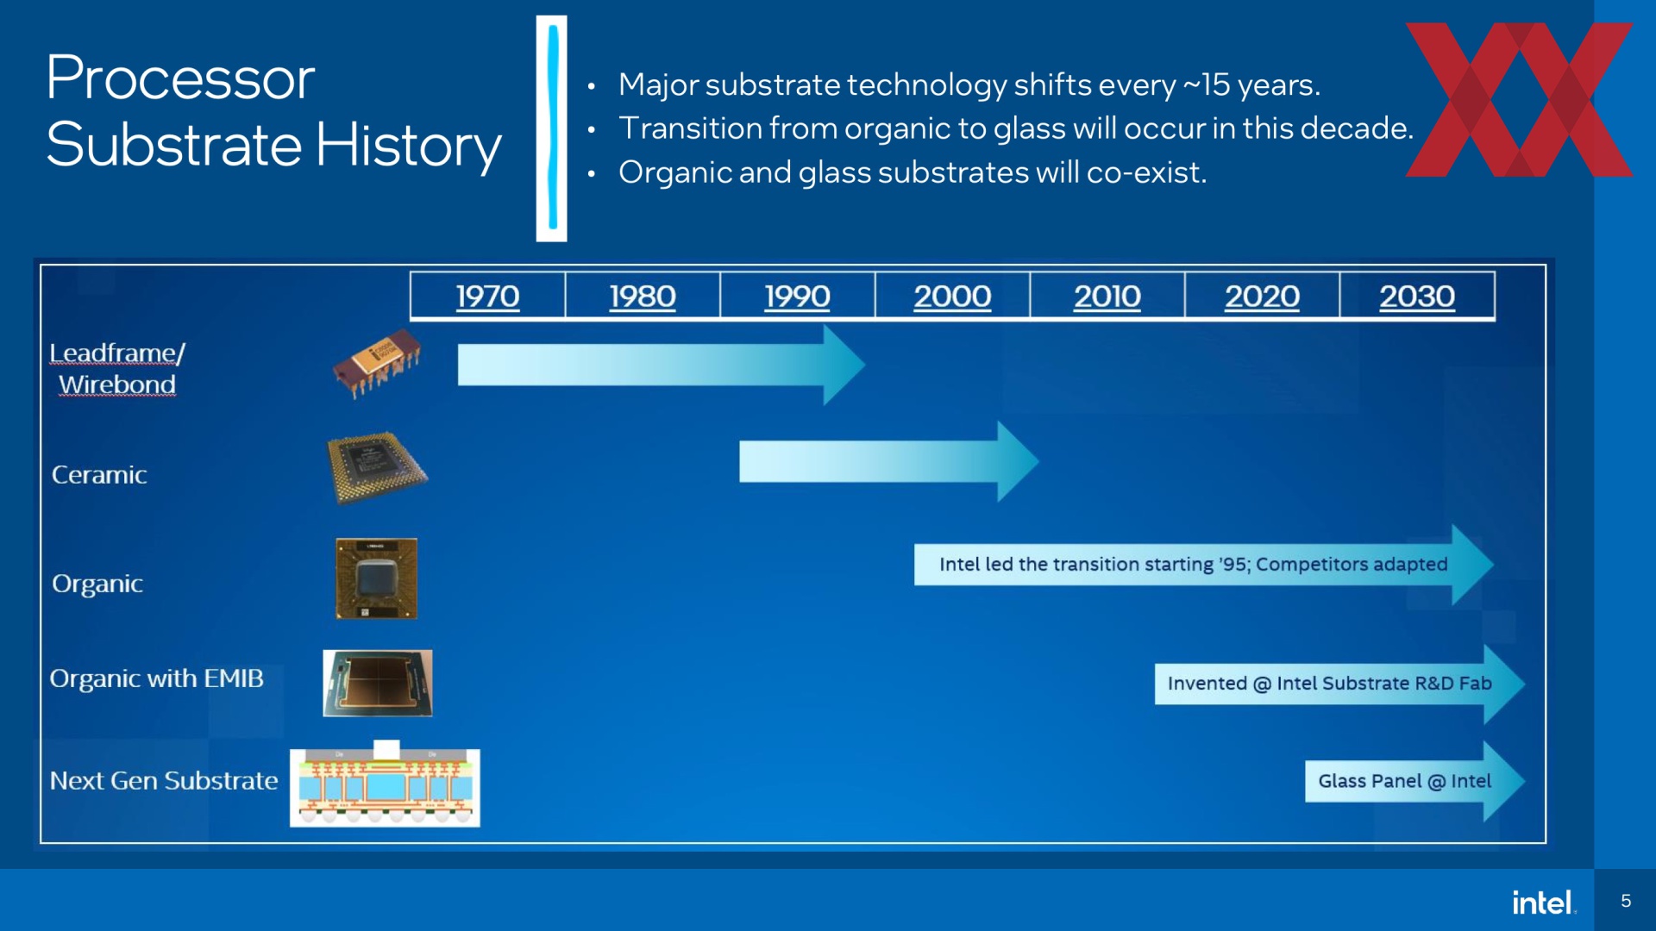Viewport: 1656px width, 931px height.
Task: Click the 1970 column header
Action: [x=487, y=296]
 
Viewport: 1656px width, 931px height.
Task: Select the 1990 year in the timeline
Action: [x=797, y=296]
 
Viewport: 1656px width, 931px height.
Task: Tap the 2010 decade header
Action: [x=1107, y=296]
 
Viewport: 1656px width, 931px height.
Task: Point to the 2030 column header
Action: [x=1417, y=296]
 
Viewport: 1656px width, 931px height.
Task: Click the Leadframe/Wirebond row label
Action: [x=117, y=368]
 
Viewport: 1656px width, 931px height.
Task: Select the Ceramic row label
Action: [x=99, y=475]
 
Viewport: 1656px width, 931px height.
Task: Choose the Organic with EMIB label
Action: [x=156, y=678]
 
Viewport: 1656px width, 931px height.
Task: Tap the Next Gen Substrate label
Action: [x=164, y=780]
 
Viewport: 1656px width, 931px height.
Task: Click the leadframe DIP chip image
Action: [x=377, y=363]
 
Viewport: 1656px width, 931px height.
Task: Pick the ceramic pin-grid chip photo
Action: [x=377, y=467]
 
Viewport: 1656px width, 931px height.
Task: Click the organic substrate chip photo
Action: [x=376, y=578]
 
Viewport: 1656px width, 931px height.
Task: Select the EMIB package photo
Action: [x=378, y=684]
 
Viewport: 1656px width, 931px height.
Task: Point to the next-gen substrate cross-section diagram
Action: [x=385, y=784]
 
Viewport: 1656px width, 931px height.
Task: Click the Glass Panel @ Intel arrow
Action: [x=1414, y=781]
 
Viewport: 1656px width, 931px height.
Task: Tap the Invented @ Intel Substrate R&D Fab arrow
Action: [x=1339, y=684]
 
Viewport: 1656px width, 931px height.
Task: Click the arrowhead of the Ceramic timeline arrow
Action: [x=1018, y=461]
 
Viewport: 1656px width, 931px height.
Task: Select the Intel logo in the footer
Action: [x=1544, y=902]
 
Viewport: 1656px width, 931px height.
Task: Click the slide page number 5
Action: [x=1626, y=901]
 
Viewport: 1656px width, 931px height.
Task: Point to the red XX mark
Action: [x=1519, y=99]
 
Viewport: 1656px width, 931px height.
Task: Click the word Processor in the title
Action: [x=180, y=78]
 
